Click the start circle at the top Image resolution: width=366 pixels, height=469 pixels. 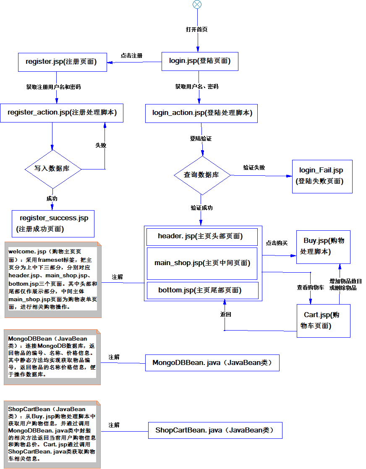197,4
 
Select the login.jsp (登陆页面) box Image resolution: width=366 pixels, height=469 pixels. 199,61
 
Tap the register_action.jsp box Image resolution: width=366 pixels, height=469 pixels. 62,113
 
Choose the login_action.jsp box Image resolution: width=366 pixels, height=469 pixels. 201,113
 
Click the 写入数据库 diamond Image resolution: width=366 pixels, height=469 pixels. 52,169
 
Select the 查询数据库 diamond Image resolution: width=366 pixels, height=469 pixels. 202,175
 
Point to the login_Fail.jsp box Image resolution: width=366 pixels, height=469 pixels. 322,176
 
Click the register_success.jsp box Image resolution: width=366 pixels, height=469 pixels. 53,223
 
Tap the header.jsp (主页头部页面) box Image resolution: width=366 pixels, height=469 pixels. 201,237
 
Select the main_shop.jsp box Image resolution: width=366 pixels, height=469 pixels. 201,263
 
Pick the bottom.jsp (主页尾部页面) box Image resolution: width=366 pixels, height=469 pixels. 201,290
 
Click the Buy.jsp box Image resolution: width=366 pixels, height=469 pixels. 323,247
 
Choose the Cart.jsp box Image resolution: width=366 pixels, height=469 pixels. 323,320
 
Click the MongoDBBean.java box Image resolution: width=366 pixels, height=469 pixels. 212,363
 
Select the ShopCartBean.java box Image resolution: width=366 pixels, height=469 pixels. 215,430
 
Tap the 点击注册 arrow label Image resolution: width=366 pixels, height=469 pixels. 131,55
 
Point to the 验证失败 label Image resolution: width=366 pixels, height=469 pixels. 254,167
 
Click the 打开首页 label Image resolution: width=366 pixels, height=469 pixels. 197,29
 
